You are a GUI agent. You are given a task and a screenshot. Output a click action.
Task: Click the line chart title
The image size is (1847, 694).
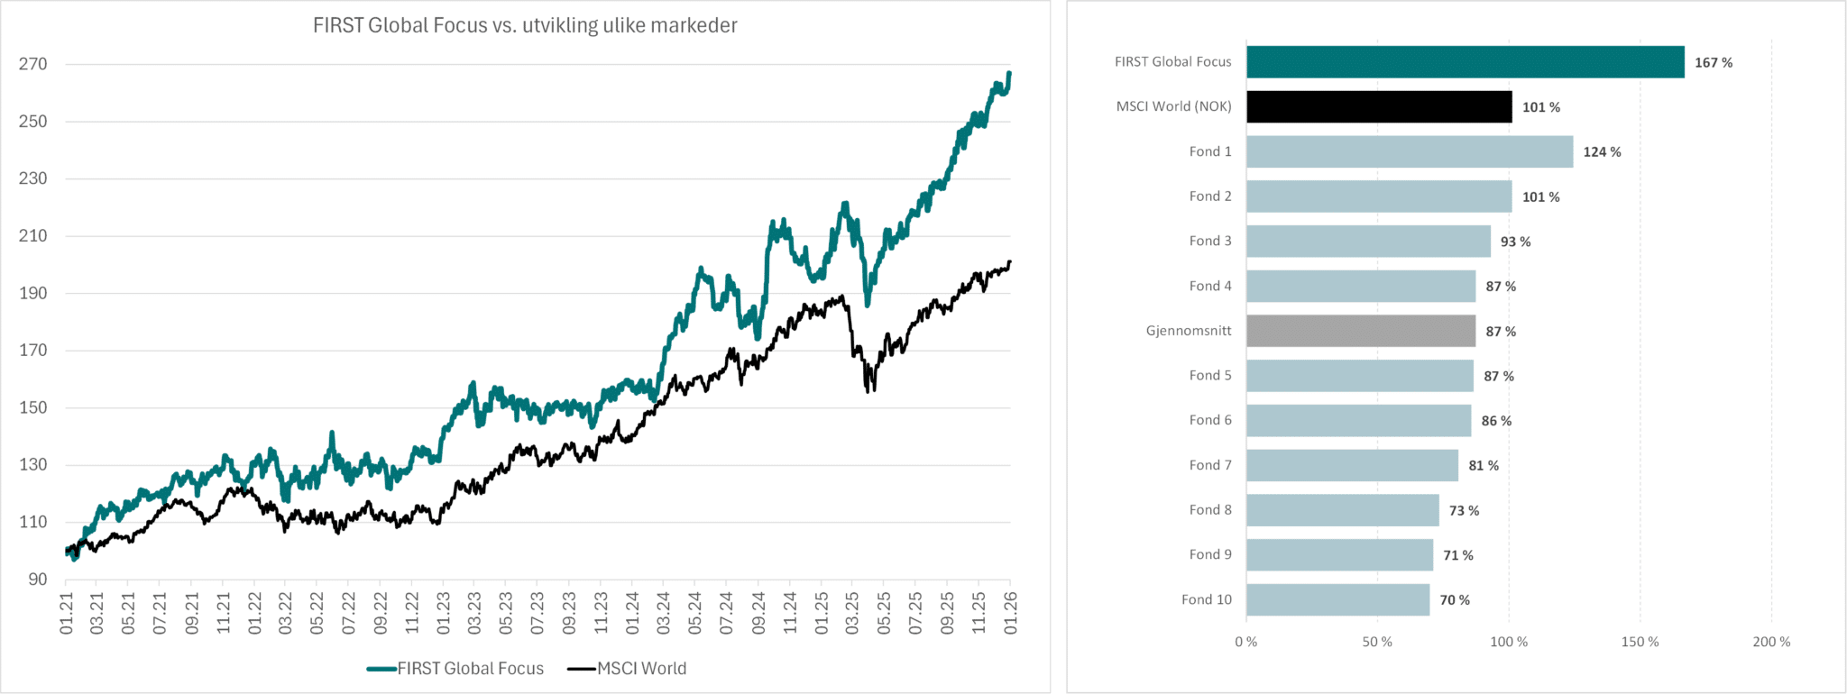pyautogui.click(x=525, y=25)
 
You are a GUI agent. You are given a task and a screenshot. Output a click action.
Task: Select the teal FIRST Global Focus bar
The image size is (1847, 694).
pyautogui.click(x=1465, y=62)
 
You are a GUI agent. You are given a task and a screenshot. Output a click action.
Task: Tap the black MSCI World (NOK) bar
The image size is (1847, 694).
pyautogui.click(x=1379, y=106)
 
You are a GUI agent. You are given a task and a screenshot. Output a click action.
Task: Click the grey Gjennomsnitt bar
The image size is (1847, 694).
pyautogui.click(x=1361, y=331)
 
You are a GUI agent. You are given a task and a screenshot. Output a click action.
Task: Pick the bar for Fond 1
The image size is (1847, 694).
pyautogui.click(x=1410, y=151)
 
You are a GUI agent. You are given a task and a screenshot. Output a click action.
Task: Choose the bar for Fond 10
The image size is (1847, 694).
pyautogui.click(x=1337, y=599)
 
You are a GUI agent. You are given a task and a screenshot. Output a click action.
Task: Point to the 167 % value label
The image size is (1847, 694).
pyautogui.click(x=1713, y=62)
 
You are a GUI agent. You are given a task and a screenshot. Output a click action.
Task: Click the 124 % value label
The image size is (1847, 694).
pyautogui.click(x=1602, y=151)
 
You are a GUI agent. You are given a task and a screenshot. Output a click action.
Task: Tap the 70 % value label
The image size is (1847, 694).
pyautogui.click(x=1454, y=599)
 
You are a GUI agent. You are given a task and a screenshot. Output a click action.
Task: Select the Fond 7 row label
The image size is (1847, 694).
pyautogui.click(x=1209, y=465)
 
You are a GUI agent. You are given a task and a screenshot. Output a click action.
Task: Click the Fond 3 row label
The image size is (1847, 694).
pyautogui.click(x=1209, y=241)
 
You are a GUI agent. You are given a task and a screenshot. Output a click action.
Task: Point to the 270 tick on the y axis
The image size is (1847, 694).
pyautogui.click(x=32, y=64)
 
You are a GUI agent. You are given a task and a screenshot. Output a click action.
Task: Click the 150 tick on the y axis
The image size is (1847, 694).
pyautogui.click(x=32, y=407)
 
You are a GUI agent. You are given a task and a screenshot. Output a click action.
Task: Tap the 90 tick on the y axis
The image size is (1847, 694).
pyautogui.click(x=37, y=580)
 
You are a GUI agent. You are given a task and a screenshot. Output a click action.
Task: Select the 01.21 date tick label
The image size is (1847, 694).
pyautogui.click(x=67, y=613)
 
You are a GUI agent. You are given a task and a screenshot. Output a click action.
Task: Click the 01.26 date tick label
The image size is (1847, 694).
pyautogui.click(x=1010, y=613)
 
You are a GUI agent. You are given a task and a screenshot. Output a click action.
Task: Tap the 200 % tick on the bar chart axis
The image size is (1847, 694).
pyautogui.click(x=1771, y=642)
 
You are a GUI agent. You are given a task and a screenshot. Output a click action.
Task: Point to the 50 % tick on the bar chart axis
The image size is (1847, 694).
pyautogui.click(x=1377, y=642)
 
